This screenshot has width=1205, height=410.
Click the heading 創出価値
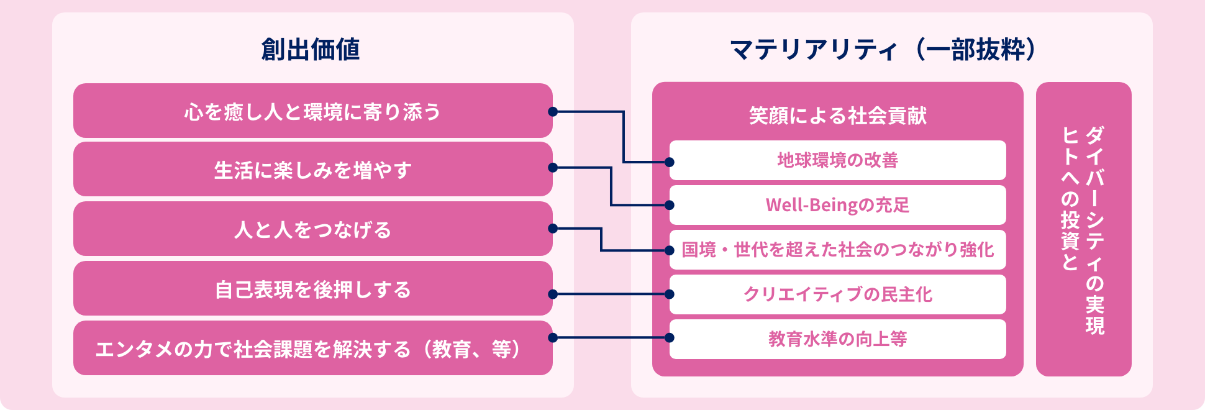[x=311, y=50]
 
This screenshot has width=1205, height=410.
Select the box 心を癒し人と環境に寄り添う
[x=312, y=111]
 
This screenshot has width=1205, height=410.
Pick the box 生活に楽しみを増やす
[x=312, y=170]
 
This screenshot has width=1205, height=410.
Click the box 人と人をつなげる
[x=312, y=229]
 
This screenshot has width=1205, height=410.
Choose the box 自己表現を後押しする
[x=312, y=289]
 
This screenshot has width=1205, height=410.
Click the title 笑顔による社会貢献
[x=837, y=116]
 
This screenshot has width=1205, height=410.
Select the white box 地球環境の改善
[x=837, y=160]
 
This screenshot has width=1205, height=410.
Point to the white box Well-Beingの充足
[x=837, y=205]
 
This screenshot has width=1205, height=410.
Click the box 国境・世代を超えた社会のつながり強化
[x=837, y=250]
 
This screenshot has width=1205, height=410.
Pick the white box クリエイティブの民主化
[x=837, y=294]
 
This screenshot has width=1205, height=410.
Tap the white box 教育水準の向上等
[x=837, y=339]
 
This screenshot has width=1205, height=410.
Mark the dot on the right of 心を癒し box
[x=553, y=112]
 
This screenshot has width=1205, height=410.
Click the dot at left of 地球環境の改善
[x=670, y=162]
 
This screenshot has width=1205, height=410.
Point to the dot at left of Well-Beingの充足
[x=670, y=205]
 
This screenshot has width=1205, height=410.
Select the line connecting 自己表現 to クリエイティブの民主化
[x=611, y=294]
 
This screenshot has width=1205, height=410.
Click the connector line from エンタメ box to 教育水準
[x=611, y=338]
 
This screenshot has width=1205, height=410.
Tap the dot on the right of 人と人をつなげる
[x=553, y=229]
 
